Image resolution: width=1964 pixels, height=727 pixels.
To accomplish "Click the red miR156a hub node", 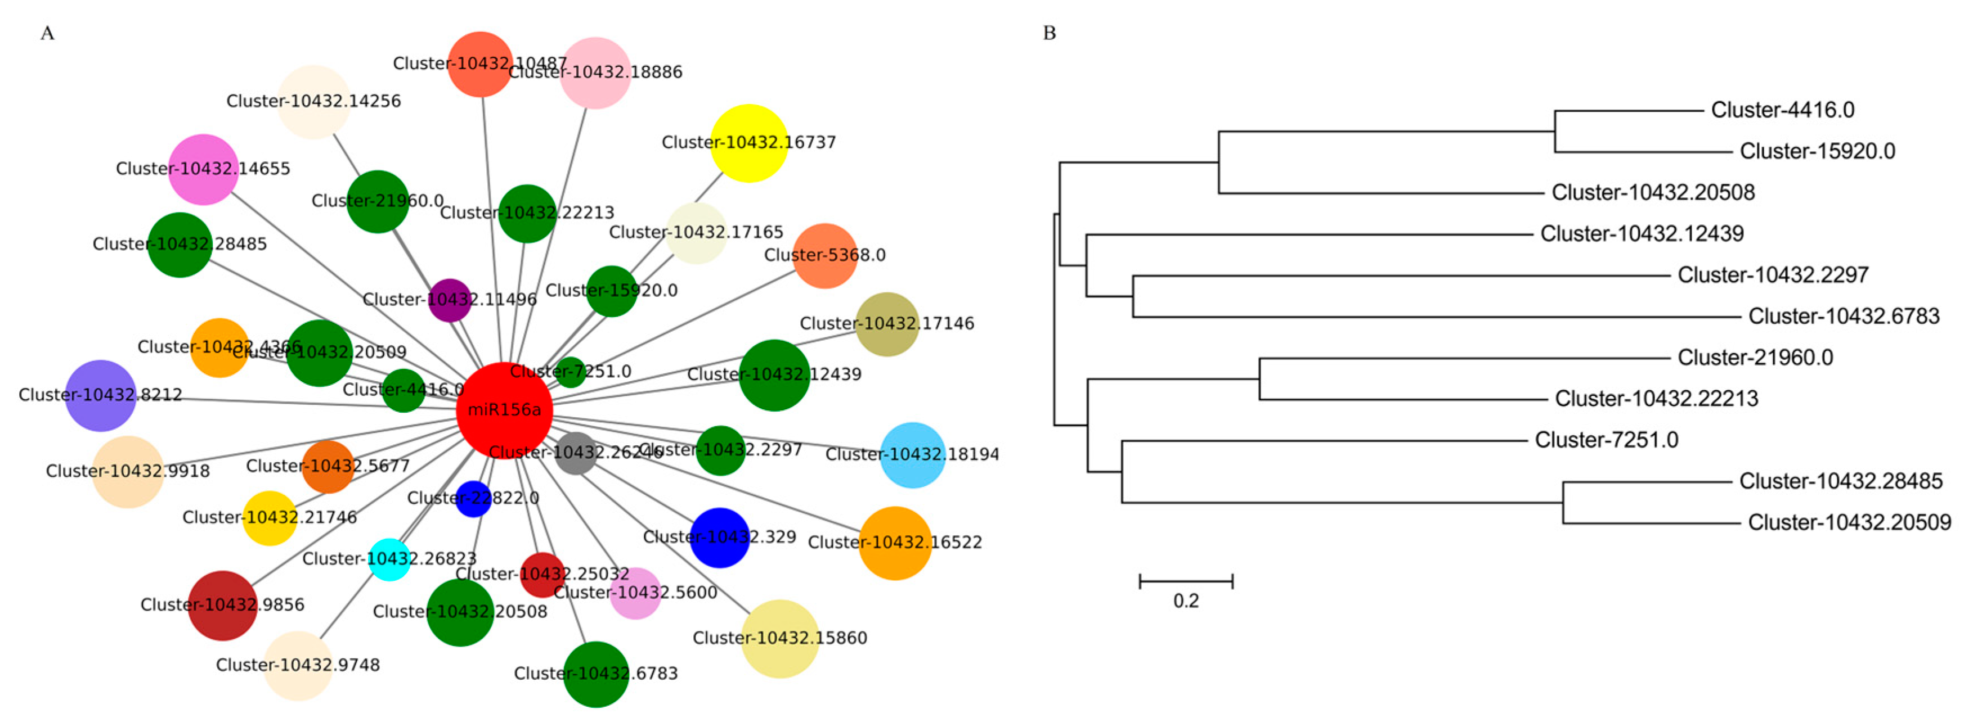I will (504, 410).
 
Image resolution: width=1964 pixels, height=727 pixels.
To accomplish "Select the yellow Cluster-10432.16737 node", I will (748, 142).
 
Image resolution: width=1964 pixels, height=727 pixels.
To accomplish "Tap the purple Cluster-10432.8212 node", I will (101, 395).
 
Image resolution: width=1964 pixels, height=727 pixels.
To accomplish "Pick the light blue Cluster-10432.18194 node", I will (913, 454).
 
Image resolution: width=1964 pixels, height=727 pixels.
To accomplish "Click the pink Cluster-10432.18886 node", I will (595, 73).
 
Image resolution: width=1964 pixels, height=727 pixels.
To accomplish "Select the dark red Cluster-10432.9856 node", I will (223, 605).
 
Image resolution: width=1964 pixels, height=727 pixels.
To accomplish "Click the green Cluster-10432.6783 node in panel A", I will (596, 674).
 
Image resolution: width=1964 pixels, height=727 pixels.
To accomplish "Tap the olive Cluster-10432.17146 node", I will (887, 324).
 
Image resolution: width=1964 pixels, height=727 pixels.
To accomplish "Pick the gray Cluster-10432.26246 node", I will (576, 453).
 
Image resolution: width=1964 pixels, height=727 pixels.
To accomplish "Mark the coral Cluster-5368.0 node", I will (825, 255).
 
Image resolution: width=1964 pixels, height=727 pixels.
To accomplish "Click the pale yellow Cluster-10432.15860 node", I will (780, 638).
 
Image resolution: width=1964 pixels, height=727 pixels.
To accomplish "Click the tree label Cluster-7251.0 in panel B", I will (1607, 440).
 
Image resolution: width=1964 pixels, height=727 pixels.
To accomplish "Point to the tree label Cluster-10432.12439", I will (1642, 233).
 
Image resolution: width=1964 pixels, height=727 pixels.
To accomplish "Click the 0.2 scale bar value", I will (1186, 600).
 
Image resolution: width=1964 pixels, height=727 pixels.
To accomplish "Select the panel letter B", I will (1049, 33).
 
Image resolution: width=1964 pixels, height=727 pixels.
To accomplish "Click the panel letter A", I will (47, 33).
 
